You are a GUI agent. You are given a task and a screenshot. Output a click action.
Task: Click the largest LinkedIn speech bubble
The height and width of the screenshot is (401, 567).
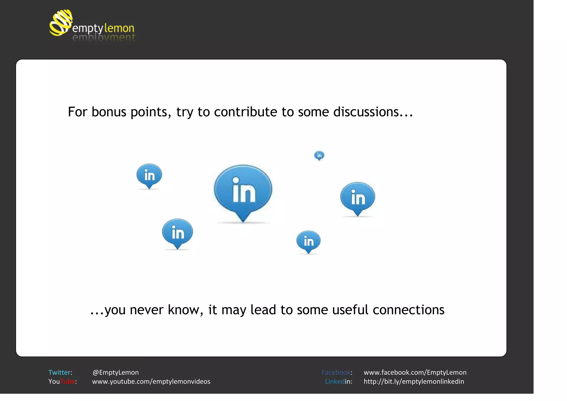pos(243,190)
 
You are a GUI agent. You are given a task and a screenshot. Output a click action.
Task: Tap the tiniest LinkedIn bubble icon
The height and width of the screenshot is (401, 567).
pos(319,155)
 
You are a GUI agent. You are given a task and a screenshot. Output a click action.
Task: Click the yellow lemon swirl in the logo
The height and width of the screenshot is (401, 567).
pos(61,23)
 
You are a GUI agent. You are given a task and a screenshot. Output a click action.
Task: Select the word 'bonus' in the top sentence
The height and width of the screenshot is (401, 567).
pos(109,112)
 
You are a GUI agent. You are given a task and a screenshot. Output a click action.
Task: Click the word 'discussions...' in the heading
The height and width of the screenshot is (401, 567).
pos(373,112)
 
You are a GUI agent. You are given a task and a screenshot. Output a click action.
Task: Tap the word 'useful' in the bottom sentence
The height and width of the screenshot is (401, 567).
pos(350,310)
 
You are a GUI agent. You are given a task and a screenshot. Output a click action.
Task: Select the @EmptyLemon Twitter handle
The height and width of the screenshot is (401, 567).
pos(115,372)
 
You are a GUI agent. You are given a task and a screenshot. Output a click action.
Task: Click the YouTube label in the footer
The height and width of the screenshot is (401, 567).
pos(62,382)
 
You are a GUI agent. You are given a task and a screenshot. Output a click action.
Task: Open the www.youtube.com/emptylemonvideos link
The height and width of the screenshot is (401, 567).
pos(151,382)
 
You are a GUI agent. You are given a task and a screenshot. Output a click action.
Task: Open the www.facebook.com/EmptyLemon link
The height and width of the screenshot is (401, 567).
pos(415,372)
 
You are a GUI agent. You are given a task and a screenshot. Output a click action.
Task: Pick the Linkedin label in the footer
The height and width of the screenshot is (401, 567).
pos(339,382)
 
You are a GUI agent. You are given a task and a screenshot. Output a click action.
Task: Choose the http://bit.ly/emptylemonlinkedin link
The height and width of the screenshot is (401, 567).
pos(414,382)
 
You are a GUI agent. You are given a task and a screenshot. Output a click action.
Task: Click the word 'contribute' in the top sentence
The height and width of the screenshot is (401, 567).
pos(246,112)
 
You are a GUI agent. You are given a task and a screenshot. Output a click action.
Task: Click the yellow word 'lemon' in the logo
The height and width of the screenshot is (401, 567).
pos(119,28)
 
